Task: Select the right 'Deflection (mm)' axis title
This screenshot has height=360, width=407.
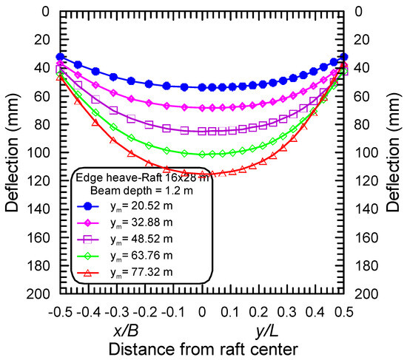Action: (396, 152)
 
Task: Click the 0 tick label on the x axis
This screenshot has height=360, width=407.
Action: (203, 312)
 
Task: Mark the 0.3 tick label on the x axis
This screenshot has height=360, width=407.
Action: (288, 312)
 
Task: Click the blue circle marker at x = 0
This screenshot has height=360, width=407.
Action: (203, 87)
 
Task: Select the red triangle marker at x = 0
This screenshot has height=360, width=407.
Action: (203, 174)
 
